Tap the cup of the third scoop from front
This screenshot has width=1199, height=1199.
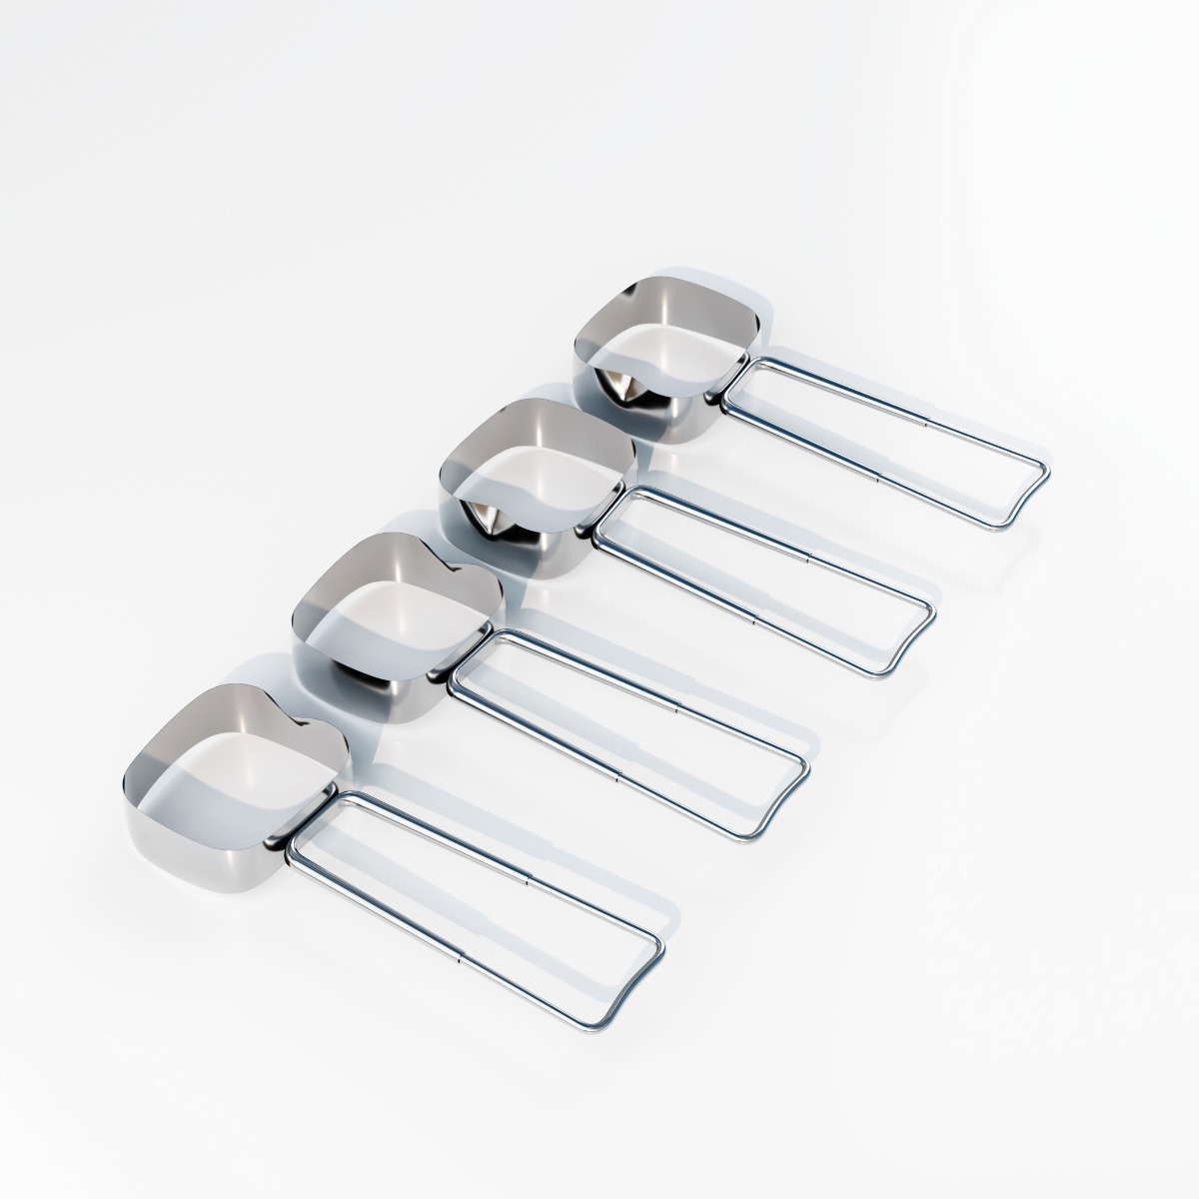click(x=535, y=490)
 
